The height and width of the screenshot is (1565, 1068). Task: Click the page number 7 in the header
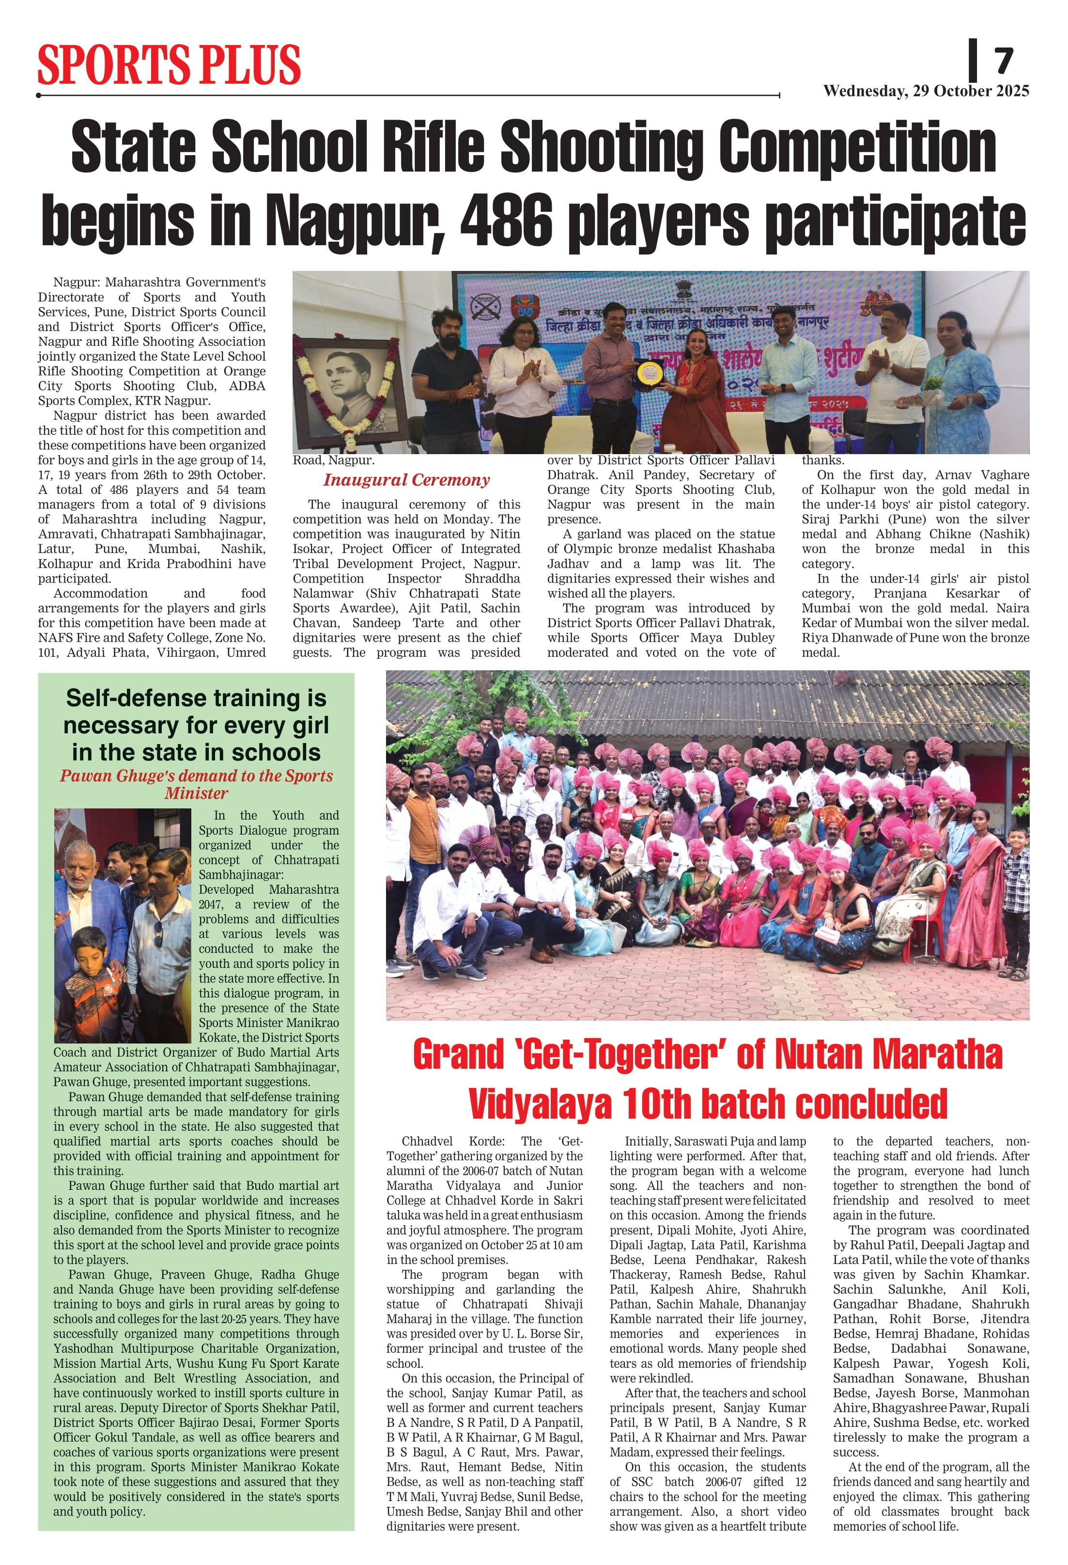click(x=1004, y=61)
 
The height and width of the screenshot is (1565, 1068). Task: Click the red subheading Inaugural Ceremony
click(x=406, y=480)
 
